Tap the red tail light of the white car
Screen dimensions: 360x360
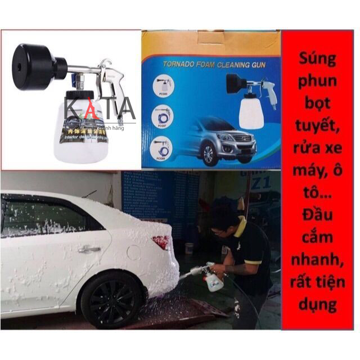161,242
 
